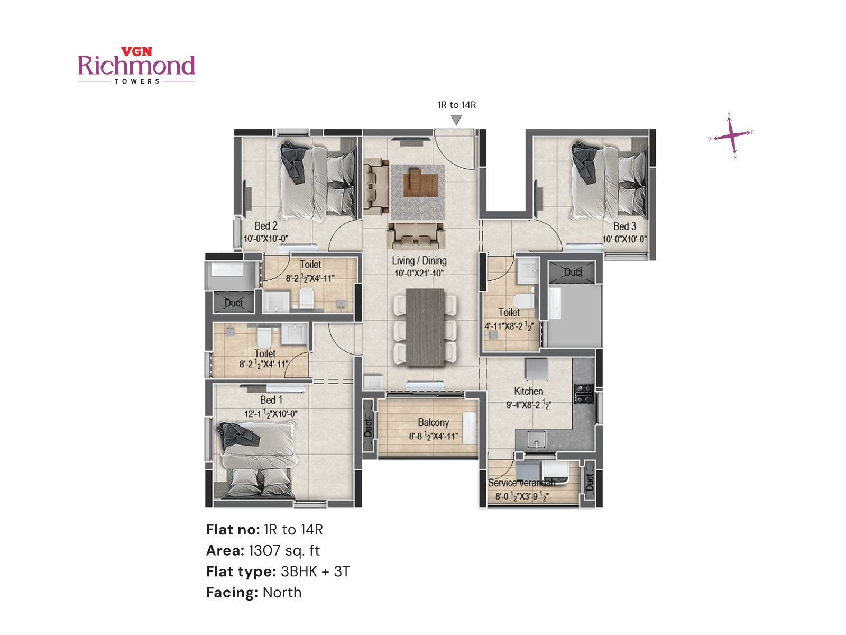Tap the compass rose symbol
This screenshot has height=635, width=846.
(731, 135)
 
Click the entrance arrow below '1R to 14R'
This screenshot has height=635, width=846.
(456, 121)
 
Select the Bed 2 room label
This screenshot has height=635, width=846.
(265, 226)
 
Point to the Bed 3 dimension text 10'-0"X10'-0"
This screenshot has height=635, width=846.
(624, 239)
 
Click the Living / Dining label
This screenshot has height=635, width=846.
(419, 260)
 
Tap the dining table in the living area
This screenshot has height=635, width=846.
(425, 328)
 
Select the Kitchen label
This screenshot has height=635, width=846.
(528, 391)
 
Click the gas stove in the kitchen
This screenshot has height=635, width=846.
(584, 393)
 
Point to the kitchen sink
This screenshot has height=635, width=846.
(536, 439)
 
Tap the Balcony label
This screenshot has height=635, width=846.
(433, 422)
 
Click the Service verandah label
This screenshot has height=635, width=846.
(521, 483)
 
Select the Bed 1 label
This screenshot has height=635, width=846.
(271, 400)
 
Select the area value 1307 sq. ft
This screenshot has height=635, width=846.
(284, 550)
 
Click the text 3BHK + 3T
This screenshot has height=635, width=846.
(315, 571)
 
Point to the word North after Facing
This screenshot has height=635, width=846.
(282, 593)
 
